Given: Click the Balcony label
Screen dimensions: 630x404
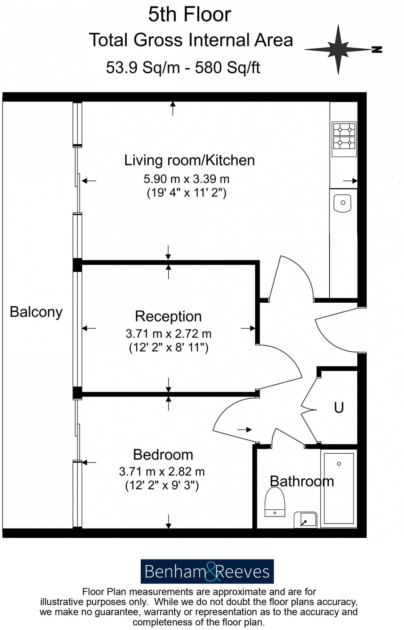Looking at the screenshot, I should (36, 312).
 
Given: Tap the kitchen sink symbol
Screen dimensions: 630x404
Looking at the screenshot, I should (343, 203).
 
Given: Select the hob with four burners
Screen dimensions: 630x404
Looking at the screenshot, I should (344, 139).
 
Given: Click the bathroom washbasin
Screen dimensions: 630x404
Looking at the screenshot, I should (305, 520).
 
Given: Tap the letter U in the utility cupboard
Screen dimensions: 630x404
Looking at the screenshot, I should (339, 408).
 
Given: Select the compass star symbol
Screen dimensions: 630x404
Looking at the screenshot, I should (338, 49).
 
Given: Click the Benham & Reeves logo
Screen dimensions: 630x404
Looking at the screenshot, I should (207, 572).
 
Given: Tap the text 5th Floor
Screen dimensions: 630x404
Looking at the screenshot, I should (190, 14).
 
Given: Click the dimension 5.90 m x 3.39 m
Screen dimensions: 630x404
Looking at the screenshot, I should (186, 179).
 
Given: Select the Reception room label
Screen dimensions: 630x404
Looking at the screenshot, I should (168, 316).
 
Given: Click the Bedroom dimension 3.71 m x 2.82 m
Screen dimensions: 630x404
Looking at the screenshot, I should (162, 471).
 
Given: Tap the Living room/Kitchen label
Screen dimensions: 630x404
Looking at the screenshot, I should (189, 160).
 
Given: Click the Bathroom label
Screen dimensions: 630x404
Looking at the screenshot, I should (302, 481).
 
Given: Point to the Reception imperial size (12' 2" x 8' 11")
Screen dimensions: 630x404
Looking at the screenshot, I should (169, 348).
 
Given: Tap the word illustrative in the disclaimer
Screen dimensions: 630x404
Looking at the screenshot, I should (62, 602).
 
